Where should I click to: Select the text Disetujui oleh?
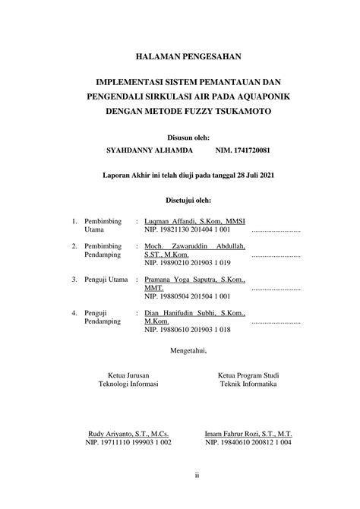coord(180,201)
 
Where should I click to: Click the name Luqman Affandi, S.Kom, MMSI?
coord(194,220)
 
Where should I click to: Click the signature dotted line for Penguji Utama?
coord(276,289)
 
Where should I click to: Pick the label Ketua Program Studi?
coord(248,375)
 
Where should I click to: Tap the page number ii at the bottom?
coord(196,476)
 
